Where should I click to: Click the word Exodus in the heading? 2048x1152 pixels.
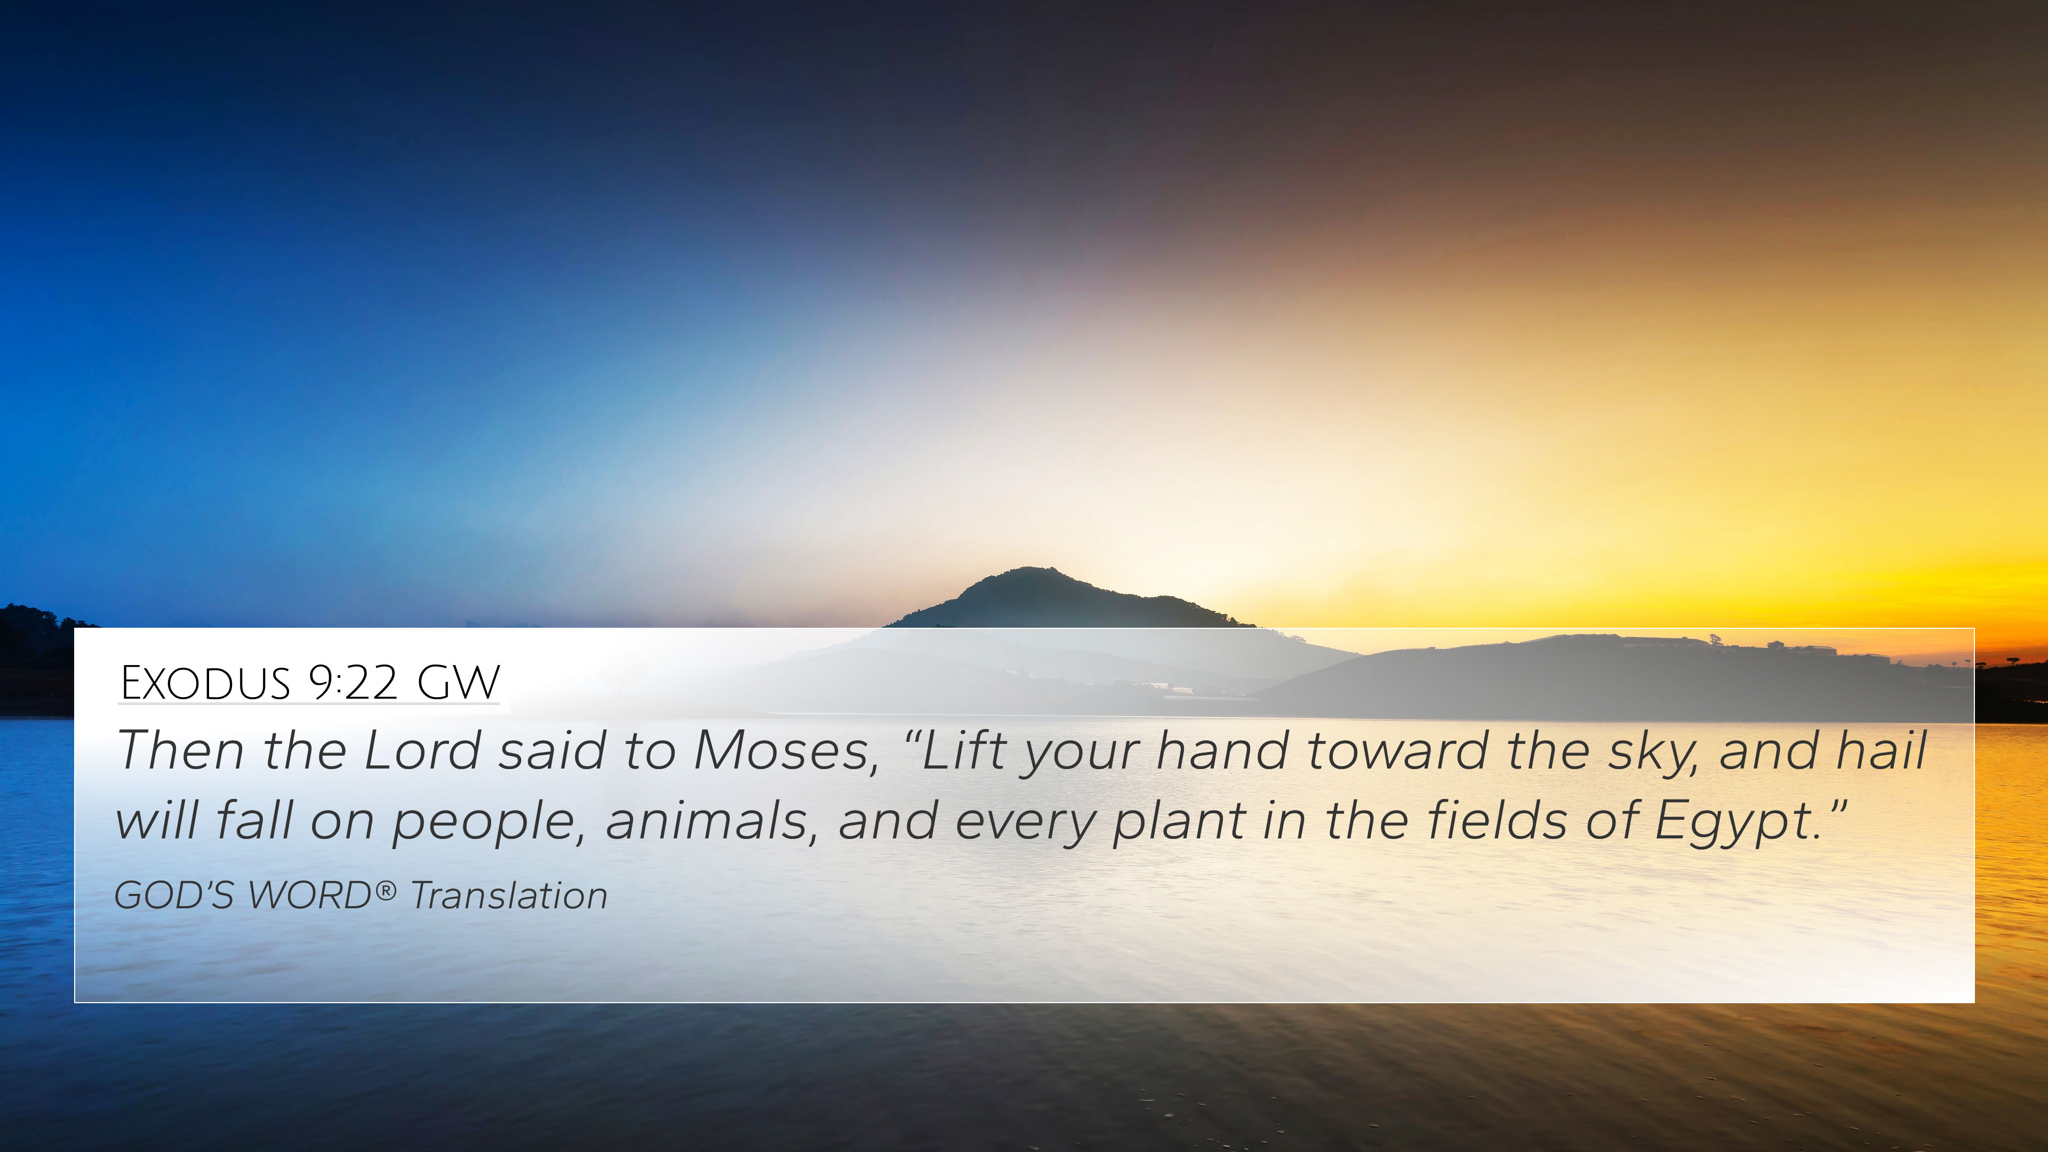205,682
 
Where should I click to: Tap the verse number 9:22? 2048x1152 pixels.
352,682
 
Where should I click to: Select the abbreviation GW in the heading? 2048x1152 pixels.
458,682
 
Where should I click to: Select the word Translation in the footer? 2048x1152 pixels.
509,895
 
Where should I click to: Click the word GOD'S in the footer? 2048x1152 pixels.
173,895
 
